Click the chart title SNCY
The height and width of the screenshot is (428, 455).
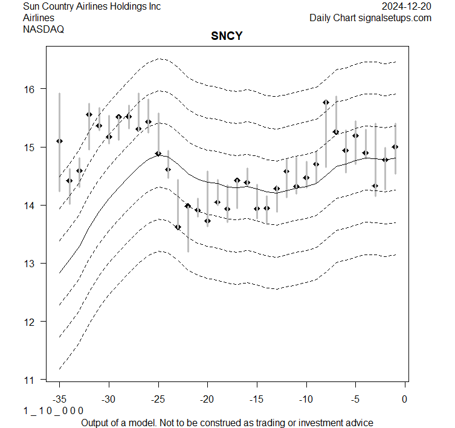[x=227, y=36]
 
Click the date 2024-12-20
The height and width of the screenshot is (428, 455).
[x=407, y=7]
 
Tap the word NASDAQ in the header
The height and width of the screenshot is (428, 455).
[x=44, y=28]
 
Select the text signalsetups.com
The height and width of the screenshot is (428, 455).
[x=395, y=18]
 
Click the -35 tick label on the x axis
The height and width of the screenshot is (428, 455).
[x=59, y=399]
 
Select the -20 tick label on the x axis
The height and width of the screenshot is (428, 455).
[x=207, y=399]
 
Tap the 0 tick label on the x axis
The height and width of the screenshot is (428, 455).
[x=405, y=399]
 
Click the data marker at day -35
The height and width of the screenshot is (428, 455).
[x=59, y=141]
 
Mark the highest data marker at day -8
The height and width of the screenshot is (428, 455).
[x=326, y=102]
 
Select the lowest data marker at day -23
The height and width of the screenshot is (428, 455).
[x=178, y=227]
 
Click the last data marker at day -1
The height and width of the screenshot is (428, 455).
[x=395, y=147]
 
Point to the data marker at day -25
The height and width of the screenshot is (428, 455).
[x=158, y=154]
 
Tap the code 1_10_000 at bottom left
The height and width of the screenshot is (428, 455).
[x=53, y=410]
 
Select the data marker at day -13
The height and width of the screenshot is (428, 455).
[x=277, y=189]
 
